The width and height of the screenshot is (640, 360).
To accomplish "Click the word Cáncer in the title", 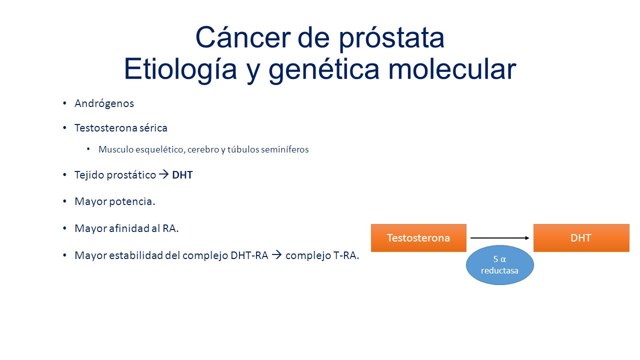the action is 243,37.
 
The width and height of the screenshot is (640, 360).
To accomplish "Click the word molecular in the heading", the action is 452,68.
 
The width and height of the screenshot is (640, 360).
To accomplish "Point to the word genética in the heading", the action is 324,70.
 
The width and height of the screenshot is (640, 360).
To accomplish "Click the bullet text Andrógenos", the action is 104,103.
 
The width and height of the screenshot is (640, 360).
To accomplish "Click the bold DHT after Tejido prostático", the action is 182,175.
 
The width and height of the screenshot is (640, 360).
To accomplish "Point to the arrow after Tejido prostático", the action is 163,174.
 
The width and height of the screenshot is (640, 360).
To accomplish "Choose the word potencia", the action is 132,202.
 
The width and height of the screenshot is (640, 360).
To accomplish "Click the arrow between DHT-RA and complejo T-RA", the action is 276,254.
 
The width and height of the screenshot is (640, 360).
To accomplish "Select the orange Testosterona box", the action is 418,237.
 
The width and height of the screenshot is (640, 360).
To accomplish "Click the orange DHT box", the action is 581,237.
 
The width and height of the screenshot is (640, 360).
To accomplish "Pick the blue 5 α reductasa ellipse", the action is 499,265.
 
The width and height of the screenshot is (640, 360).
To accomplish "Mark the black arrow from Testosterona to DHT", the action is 499,237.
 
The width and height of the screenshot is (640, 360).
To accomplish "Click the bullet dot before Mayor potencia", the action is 65,201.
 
